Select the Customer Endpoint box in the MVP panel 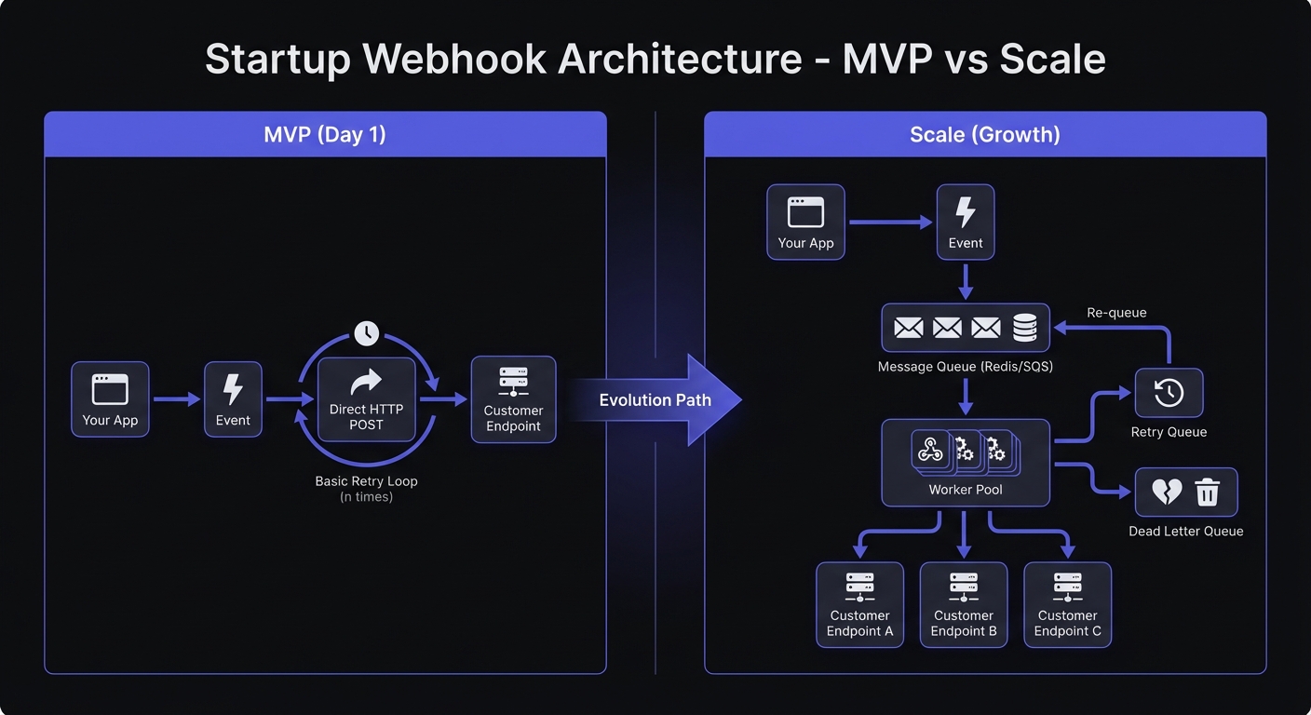pos(513,399)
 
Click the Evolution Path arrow pos(655,400)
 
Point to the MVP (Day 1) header pos(325,134)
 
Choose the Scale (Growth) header pos(985,134)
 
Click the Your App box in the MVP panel pos(110,399)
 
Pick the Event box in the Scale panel pos(966,222)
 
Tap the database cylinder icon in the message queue pos(1025,328)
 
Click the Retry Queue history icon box pos(1169,393)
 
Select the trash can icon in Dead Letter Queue pos(1208,492)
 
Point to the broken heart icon pos(1167,492)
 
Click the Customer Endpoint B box pos(964,604)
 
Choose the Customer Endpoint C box pos(1068,604)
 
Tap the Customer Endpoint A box pos(859,604)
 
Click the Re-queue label pos(1117,313)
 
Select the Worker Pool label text pos(966,490)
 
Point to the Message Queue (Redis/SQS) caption pos(966,367)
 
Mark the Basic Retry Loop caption pos(366,481)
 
